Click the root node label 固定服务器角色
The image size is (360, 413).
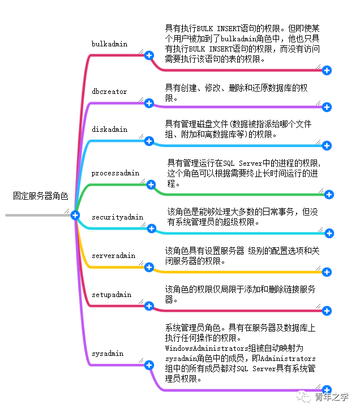click(41, 196)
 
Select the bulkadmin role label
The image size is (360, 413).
click(109, 44)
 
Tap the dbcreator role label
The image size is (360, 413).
click(109, 92)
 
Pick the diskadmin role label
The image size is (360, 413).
click(109, 130)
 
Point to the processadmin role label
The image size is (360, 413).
click(115, 173)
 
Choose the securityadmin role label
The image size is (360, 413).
click(118, 217)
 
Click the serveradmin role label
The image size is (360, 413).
click(114, 256)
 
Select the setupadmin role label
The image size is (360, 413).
click(112, 295)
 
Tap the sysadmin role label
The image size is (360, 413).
click(108, 354)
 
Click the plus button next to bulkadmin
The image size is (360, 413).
click(149, 55)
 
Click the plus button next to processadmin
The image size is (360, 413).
click(151, 184)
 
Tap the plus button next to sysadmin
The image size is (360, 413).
click(149, 365)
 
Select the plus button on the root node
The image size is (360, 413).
click(75, 215)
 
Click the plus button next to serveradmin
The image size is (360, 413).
click(149, 267)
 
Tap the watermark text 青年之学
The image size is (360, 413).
click(332, 397)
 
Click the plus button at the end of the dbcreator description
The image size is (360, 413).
click(327, 107)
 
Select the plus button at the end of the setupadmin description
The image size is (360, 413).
click(327, 311)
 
